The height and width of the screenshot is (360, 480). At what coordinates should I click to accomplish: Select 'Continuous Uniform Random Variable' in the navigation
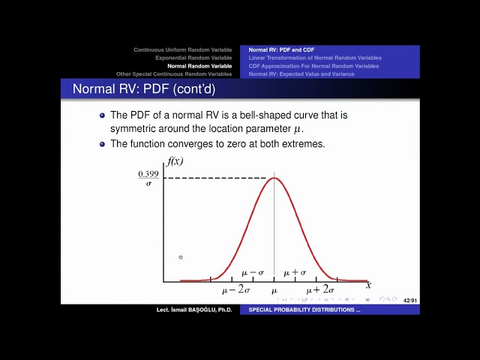click(x=182, y=49)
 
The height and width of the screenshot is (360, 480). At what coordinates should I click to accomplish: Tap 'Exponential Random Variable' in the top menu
click(x=193, y=58)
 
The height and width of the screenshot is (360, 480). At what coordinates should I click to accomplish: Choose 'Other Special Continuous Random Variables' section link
click(x=174, y=74)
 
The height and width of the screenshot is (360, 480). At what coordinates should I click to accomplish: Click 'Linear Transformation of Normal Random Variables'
click(x=315, y=58)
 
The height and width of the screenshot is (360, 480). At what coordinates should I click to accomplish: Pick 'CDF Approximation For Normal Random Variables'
click(x=313, y=66)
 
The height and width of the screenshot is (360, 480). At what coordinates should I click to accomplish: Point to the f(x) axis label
click(x=175, y=160)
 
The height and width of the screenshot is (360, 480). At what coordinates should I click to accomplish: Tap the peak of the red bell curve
click(x=274, y=178)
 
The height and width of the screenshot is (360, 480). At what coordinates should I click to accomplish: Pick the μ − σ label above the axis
click(x=253, y=273)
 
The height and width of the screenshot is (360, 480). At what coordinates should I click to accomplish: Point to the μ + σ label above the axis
click(x=295, y=273)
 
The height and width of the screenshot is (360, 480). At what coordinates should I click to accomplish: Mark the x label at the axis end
click(x=368, y=285)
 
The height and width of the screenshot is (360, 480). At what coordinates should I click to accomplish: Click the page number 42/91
click(x=410, y=300)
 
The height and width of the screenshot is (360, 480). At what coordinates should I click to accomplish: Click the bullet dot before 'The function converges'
click(x=103, y=143)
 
